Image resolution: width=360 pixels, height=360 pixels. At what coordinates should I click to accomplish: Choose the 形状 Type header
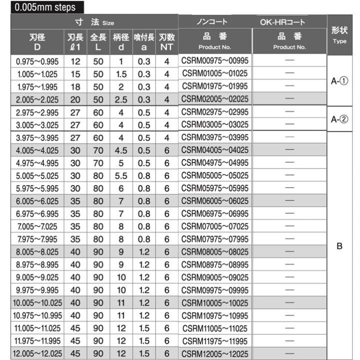[x=339, y=35]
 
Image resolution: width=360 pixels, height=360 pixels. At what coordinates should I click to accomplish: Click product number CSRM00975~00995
[x=215, y=61]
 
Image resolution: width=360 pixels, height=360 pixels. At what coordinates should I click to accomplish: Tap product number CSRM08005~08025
[x=215, y=250]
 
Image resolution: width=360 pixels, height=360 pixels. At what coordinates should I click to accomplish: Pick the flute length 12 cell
[x=75, y=61]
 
